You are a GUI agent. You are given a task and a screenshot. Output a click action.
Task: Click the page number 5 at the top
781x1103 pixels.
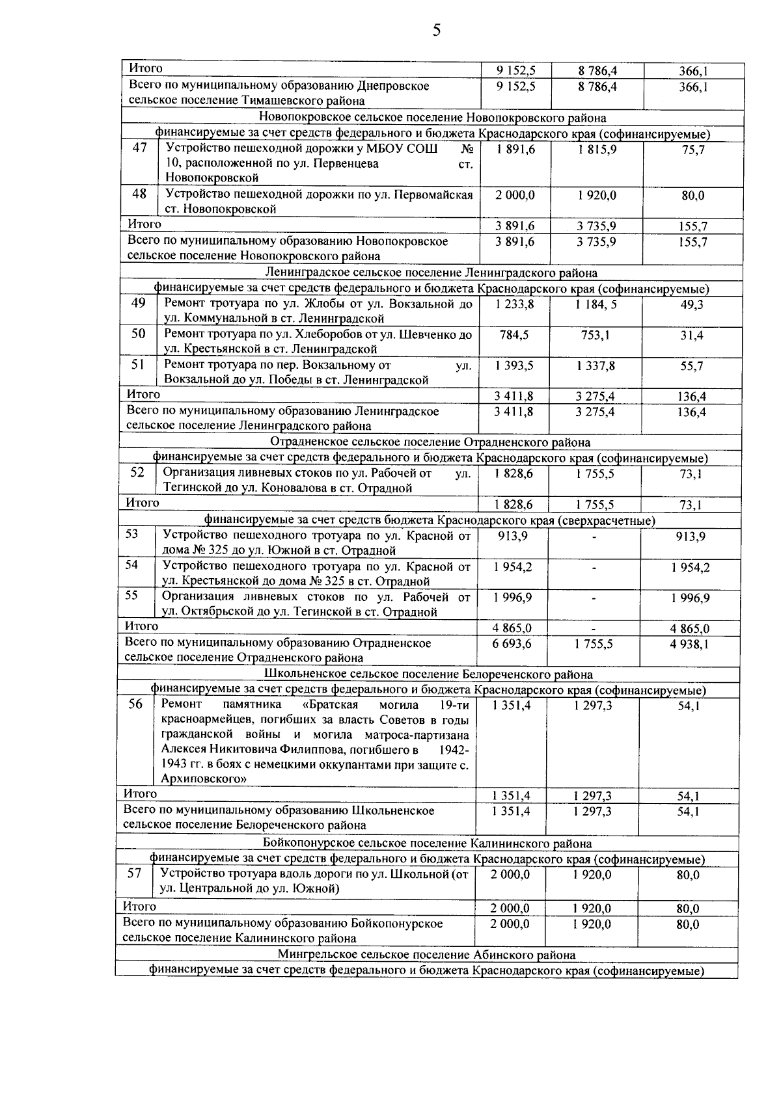point(436,31)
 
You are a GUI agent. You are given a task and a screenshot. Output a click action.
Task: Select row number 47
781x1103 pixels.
point(139,148)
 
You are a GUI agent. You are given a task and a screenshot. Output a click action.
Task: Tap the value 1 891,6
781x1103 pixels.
point(515,150)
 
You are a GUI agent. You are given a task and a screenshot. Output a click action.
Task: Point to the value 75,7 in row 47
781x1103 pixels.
point(693,151)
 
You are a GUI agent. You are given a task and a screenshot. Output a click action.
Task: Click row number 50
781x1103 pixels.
point(139,334)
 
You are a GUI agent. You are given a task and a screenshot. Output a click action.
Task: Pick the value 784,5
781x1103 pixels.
point(514,335)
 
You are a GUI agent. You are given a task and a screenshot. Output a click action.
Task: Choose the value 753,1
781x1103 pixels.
point(595,335)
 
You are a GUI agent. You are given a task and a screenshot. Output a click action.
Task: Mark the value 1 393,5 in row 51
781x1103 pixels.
point(514,365)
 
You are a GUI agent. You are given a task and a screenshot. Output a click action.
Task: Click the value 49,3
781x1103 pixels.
point(692,305)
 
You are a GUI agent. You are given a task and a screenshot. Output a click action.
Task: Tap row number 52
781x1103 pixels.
point(137,473)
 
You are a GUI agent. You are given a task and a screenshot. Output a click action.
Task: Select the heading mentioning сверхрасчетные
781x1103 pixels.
point(430,520)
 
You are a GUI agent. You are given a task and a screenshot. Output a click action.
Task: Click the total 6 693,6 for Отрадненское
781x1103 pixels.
point(512,643)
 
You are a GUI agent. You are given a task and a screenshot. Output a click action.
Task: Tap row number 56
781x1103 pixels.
point(135,704)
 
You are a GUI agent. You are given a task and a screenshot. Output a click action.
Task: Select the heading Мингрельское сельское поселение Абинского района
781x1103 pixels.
point(426,955)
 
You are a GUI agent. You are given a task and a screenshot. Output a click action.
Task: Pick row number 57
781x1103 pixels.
point(135,873)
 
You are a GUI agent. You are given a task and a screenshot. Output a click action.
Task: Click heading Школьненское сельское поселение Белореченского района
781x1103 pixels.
point(430,674)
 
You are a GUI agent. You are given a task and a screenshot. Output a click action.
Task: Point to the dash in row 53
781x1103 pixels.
point(594,537)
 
